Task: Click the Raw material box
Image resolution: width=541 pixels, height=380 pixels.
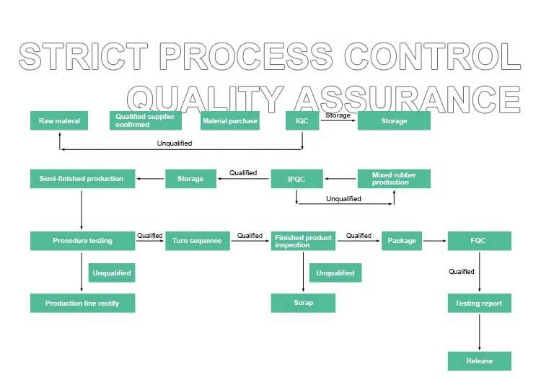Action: tap(59, 120)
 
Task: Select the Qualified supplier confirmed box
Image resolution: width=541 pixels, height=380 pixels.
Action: tap(146, 120)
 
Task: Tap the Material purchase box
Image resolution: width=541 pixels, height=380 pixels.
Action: tap(230, 120)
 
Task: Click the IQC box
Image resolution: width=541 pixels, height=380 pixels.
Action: tap(302, 120)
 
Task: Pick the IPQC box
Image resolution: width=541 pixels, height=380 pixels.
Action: tap(296, 179)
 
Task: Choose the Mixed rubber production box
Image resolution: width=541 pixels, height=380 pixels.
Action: tap(394, 179)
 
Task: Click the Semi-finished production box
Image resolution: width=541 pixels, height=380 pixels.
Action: tap(82, 179)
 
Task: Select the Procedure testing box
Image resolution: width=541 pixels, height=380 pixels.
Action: tap(82, 241)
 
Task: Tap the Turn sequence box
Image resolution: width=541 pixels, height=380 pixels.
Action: tap(198, 241)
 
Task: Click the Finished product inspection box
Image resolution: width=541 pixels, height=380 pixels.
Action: tap(303, 241)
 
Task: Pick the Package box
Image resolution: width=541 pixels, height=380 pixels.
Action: tap(402, 241)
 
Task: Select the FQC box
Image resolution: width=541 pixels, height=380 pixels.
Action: tap(479, 241)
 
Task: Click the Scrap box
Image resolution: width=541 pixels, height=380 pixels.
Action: tap(303, 303)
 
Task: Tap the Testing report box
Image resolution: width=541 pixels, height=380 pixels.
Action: tap(479, 303)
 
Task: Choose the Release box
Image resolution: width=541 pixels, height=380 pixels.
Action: tap(479, 361)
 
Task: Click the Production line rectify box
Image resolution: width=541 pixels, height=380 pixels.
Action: tap(82, 303)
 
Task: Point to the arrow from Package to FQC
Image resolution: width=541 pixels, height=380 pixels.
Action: tap(435, 241)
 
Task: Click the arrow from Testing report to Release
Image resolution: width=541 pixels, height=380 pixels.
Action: tap(479, 332)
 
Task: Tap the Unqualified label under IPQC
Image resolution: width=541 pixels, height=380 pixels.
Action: tap(343, 198)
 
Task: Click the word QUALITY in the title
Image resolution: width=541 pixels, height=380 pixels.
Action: tap(206, 100)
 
